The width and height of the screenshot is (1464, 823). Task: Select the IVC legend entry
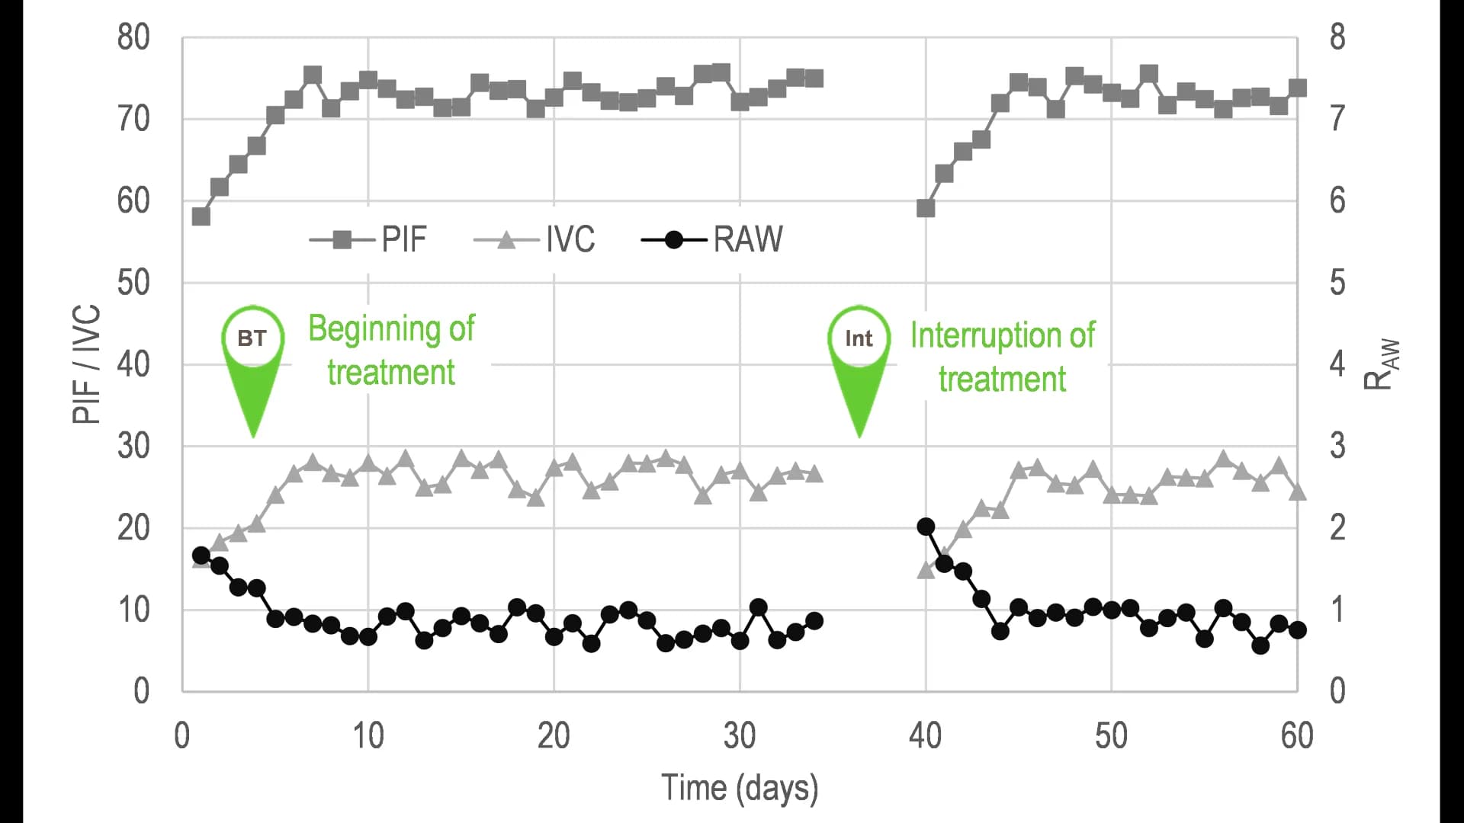535,239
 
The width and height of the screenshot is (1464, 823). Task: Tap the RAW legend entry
712,239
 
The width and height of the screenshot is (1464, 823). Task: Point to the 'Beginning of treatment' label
391,351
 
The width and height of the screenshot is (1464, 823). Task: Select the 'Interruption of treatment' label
1002,357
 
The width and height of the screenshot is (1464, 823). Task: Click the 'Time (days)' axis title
739,788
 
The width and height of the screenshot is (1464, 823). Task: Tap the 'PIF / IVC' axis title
87,363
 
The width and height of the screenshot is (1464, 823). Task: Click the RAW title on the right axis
1381,363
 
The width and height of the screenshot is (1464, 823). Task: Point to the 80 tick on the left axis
133,37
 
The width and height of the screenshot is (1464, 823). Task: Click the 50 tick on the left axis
133,283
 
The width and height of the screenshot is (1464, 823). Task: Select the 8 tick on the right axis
1337,37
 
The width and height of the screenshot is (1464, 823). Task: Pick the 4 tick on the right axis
1337,364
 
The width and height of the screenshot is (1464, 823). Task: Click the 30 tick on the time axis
739,736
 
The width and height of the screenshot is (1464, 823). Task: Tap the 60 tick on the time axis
1296,736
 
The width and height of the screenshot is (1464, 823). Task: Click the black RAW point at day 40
926,527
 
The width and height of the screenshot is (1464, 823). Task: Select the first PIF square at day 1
201,216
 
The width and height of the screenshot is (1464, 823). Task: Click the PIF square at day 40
926,208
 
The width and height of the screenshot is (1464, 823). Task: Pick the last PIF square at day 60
1298,88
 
